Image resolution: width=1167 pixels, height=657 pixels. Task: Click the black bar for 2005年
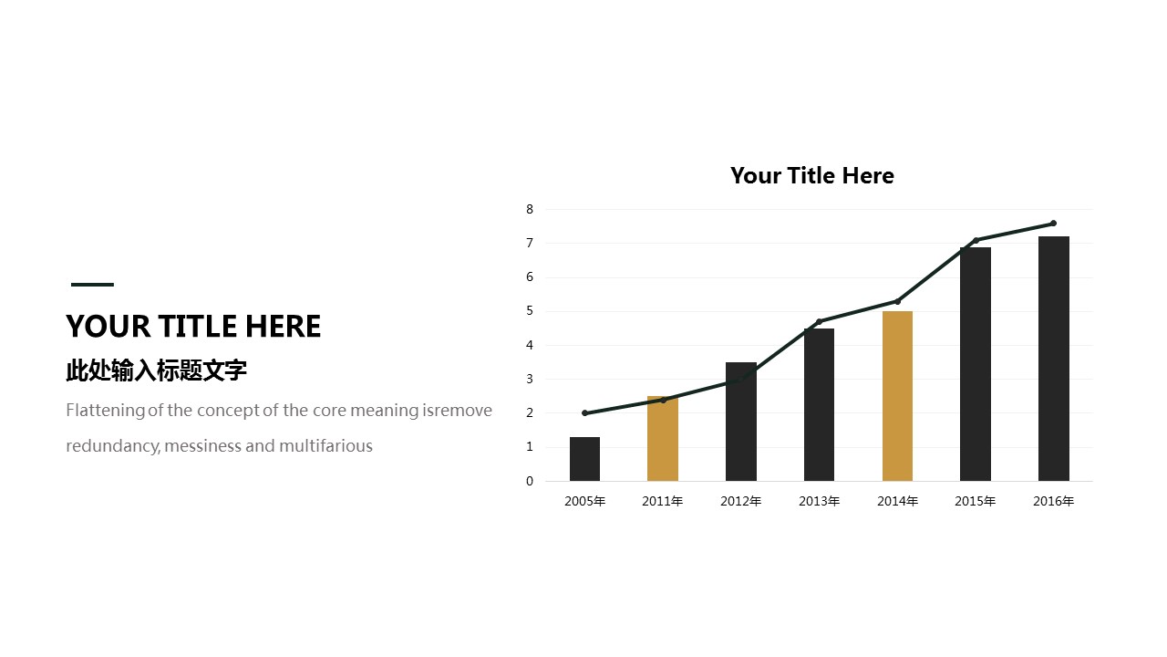584,459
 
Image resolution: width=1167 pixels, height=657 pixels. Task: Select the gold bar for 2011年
663,439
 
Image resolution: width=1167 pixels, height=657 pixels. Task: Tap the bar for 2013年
819,404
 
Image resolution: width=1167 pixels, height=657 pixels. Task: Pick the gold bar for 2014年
897,396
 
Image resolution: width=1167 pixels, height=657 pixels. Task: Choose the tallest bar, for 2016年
1053,359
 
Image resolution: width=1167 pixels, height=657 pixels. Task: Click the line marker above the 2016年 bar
1053,224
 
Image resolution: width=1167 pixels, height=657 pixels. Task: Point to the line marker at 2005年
584,413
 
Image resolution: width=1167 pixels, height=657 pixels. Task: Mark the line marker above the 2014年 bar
897,301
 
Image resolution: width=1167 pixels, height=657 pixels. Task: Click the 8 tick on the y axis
530,209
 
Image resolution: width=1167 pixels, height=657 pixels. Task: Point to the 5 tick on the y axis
530,311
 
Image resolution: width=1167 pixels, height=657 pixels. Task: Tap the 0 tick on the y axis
530,481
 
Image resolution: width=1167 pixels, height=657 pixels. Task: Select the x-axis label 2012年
741,501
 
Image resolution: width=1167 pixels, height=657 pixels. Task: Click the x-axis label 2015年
976,501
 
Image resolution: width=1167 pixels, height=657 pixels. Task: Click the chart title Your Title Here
811,176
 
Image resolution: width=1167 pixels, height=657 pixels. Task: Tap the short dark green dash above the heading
92,285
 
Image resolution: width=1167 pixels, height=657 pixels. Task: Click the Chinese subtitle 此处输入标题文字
156,370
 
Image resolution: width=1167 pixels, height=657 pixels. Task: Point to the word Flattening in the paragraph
105,411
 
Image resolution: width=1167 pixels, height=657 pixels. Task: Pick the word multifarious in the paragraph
325,446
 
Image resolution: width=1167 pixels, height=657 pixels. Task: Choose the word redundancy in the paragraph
112,447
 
